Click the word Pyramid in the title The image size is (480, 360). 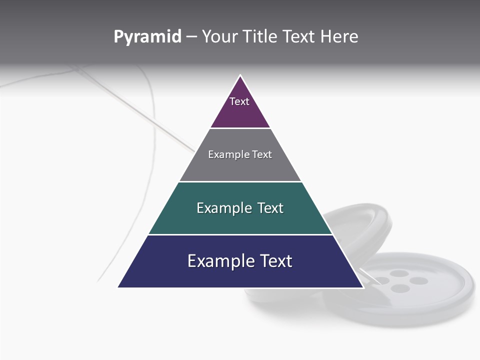[x=147, y=37]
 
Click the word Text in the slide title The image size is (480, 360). [x=299, y=37]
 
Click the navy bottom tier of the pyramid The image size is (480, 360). [x=240, y=275]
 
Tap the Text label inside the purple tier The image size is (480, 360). [x=239, y=101]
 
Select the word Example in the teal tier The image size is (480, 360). [x=224, y=208]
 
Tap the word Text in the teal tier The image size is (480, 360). [x=270, y=208]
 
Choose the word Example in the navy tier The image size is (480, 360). [x=220, y=261]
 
